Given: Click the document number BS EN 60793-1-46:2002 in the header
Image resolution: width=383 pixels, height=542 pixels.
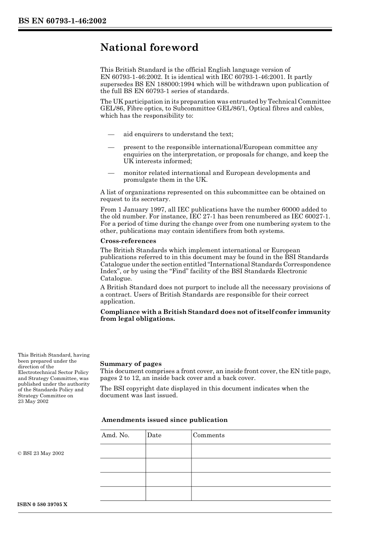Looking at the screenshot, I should pyautogui.click(x=62, y=21).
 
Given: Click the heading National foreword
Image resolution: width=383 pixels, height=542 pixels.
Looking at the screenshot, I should pyautogui.click(x=149, y=48).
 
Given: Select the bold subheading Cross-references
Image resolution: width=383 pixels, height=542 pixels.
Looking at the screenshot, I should pyautogui.click(x=128, y=241).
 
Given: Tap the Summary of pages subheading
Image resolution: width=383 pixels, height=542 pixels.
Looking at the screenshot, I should pyautogui.click(x=131, y=364).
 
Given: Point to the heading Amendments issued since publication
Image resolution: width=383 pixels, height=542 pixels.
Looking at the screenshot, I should pyautogui.click(x=164, y=420).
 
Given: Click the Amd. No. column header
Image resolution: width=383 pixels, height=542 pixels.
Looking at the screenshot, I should pyautogui.click(x=115, y=435).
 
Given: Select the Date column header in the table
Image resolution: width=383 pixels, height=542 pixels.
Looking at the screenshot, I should pyautogui.click(x=154, y=435).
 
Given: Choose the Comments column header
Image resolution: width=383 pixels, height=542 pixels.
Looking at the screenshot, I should pyautogui.click(x=208, y=435).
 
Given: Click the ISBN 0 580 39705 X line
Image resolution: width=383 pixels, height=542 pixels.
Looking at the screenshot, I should pyautogui.click(x=42, y=505).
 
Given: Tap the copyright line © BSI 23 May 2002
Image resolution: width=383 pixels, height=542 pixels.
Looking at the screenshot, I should pyautogui.click(x=41, y=453).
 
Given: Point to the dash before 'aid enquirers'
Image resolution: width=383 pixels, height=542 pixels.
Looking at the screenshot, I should pyautogui.click(x=111, y=134).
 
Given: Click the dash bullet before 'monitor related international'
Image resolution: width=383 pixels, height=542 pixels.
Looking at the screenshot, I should pyautogui.click(x=111, y=173).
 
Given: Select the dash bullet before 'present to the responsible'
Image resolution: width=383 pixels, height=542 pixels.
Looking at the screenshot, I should pyautogui.click(x=111, y=147).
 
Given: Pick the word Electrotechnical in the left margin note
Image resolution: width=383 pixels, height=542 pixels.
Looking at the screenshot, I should pyautogui.click(x=37, y=373).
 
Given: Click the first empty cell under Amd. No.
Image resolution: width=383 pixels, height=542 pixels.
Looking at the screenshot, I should pyautogui.click(x=123, y=451).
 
